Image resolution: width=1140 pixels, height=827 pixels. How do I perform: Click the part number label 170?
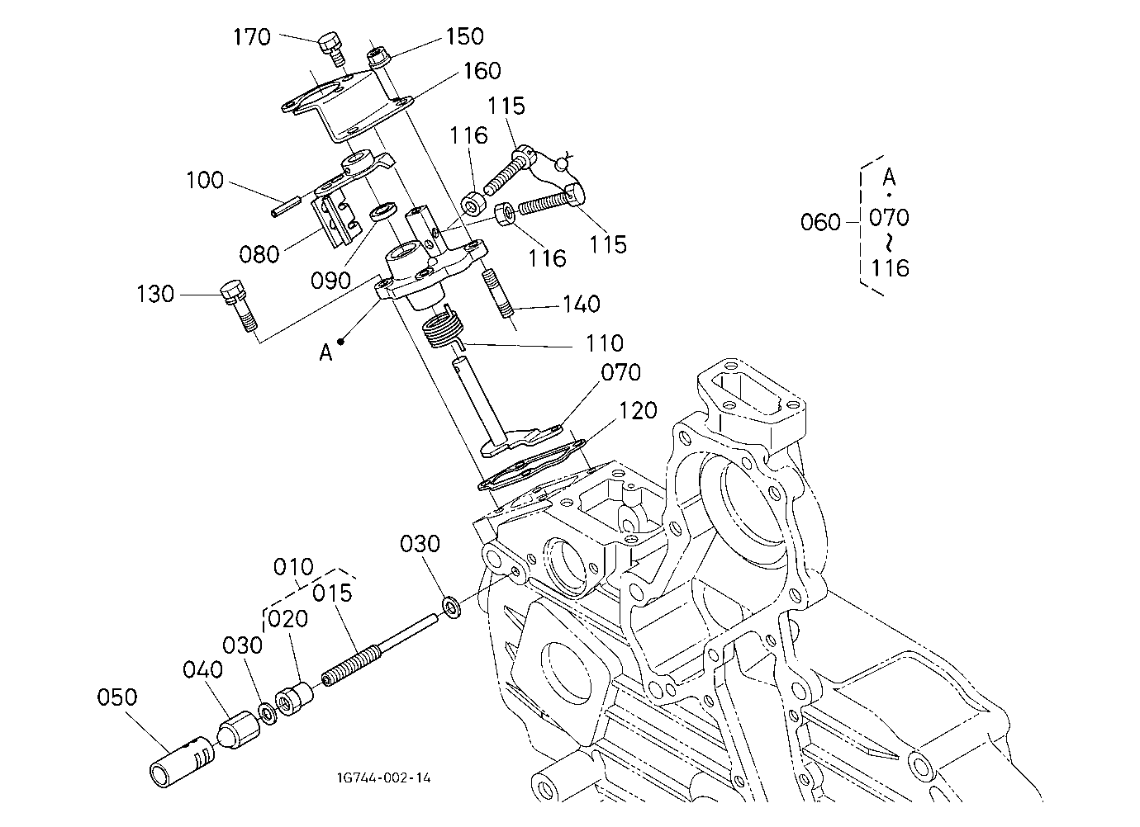pos(252,37)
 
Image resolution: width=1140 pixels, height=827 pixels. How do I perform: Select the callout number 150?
pos(464,36)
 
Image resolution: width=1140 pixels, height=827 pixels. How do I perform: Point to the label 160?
pos(482,71)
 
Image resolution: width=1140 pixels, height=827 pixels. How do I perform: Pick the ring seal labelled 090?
pos(385,211)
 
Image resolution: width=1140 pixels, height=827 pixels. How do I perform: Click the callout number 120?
pos(638,410)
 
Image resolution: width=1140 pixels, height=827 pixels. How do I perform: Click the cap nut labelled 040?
pos(239,730)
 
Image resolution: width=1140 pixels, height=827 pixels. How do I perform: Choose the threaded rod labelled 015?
pos(380,651)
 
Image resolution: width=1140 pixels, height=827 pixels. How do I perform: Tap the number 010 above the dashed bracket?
pos(293,567)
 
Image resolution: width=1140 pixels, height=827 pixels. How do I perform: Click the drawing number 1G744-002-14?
pos(384,777)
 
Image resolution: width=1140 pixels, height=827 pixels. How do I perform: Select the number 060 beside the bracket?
pos(819,222)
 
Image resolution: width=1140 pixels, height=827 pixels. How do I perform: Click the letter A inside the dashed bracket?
pos(889,177)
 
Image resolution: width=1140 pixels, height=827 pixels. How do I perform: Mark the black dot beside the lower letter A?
pos(340,342)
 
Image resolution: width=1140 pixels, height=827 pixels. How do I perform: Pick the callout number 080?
pos(259,254)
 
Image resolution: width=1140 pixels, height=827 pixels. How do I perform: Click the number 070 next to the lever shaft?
pos(620,373)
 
